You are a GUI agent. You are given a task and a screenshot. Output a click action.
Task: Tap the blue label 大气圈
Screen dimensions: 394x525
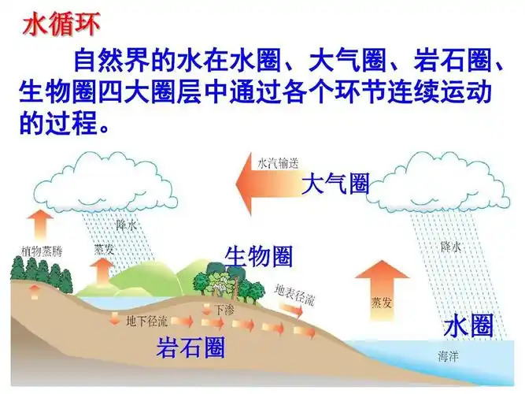(x=335, y=184)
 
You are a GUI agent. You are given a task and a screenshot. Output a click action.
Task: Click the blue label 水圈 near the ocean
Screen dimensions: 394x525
(x=468, y=326)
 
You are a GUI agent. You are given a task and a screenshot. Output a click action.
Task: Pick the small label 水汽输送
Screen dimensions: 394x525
(x=278, y=164)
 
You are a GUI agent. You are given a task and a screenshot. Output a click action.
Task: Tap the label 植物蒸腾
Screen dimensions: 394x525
(x=41, y=252)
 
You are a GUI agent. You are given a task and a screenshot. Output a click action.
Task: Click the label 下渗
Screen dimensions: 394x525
(x=224, y=310)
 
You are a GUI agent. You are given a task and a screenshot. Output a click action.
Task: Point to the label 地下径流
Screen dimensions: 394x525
(x=146, y=321)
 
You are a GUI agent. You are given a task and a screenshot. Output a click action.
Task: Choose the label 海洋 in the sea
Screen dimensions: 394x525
(x=449, y=356)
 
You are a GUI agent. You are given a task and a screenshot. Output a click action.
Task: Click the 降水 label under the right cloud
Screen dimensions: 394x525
(x=451, y=247)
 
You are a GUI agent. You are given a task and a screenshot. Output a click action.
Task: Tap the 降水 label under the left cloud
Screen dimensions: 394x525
(x=127, y=225)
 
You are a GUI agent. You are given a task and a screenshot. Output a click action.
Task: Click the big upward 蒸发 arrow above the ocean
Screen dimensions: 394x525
(x=382, y=288)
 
